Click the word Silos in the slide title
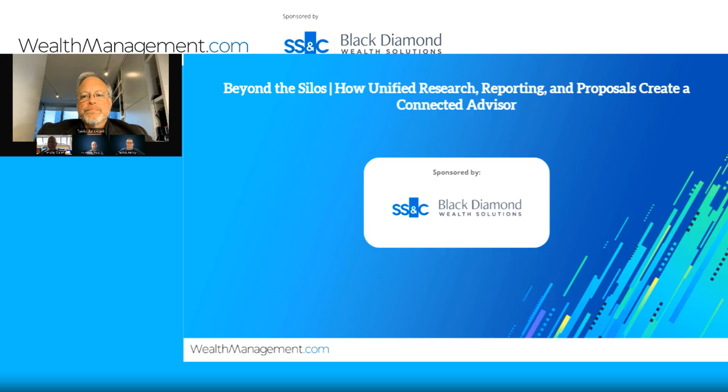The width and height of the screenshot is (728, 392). (x=312, y=88)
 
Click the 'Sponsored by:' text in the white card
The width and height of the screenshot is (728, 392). (x=456, y=172)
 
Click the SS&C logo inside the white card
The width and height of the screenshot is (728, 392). (x=410, y=208)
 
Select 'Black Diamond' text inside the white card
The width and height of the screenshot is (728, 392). (x=480, y=205)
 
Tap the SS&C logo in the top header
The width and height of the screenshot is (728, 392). (x=306, y=44)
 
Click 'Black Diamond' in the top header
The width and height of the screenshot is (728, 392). (x=391, y=40)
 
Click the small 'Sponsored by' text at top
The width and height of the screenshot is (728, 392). (x=300, y=16)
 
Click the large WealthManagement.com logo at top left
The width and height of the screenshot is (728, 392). (x=133, y=46)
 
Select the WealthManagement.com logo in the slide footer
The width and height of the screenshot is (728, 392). (x=260, y=349)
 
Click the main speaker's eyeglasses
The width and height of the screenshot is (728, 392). (x=92, y=96)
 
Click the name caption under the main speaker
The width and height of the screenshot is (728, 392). (x=91, y=131)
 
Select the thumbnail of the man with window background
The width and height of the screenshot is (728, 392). (x=54, y=145)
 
